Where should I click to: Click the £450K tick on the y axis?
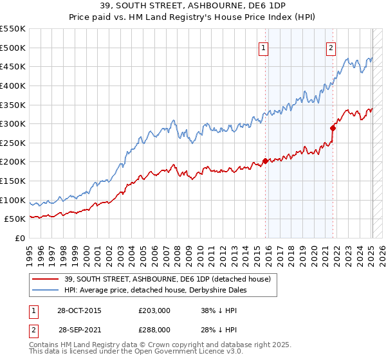pos(13,66)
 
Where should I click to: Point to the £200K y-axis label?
pos(13,161)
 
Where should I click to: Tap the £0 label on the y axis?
pos(19,238)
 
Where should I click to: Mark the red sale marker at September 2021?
pos(333,128)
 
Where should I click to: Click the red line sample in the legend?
pos(46,279)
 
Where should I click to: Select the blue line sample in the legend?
pos(46,290)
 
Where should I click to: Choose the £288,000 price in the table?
pos(157,330)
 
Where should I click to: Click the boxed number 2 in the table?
pos(33,330)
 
